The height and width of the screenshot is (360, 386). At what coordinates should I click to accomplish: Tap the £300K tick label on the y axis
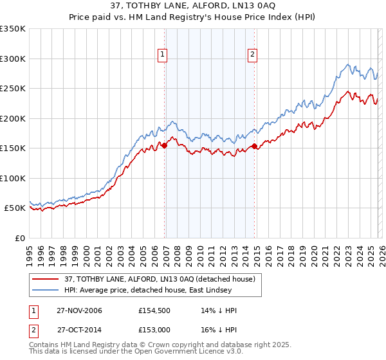click(x=13, y=59)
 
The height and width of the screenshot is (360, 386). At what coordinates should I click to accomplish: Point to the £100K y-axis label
click(x=13, y=178)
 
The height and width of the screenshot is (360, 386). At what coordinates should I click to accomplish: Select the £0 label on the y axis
click(x=19, y=238)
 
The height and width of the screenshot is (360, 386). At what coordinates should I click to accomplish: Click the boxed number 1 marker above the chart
click(x=162, y=55)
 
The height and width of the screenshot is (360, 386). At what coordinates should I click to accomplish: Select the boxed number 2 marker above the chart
click(x=252, y=55)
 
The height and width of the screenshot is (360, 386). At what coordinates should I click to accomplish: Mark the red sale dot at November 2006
click(x=165, y=146)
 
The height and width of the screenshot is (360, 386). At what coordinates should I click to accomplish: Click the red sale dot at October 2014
click(x=255, y=147)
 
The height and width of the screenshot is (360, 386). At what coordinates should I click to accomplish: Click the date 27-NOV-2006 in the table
click(x=79, y=310)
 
